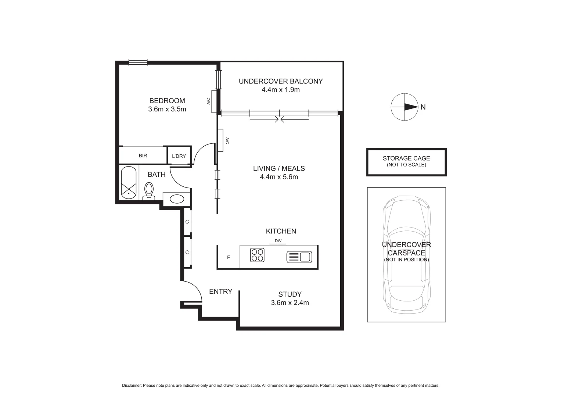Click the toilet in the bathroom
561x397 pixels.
click(x=149, y=191)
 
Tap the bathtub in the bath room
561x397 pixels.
click(x=129, y=183)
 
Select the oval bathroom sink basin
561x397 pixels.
click(x=177, y=199)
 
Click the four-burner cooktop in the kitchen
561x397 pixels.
click(x=257, y=255)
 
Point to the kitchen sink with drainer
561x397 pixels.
click(x=299, y=257)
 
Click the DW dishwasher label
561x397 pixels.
click(x=278, y=241)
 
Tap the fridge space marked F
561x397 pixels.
click(x=229, y=257)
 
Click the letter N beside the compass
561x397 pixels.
click(x=423, y=107)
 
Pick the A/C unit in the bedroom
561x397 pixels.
click(x=214, y=101)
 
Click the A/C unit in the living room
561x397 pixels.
click(x=221, y=140)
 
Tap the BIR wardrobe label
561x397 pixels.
click(x=143, y=156)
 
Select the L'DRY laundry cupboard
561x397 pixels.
click(x=179, y=156)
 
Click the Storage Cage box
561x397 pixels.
click(x=406, y=162)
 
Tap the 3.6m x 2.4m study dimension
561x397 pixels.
click(x=290, y=303)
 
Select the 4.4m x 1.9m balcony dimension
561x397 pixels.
click(x=281, y=90)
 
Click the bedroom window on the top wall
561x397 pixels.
click(x=138, y=63)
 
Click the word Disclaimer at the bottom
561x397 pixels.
click(x=132, y=386)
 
